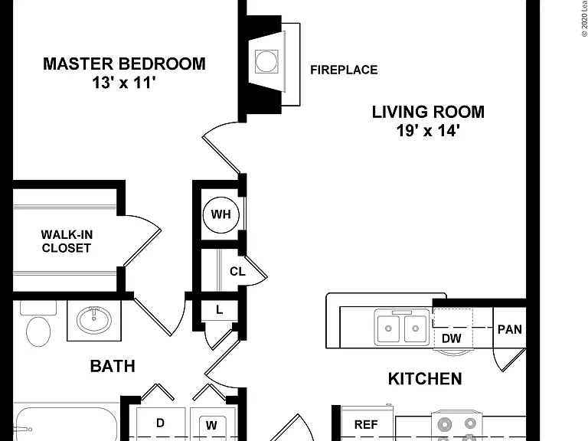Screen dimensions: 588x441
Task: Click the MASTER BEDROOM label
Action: pyautogui.click(x=124, y=64)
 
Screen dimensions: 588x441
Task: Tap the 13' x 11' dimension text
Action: pyautogui.click(x=124, y=83)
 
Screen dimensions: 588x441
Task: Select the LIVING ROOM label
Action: pyautogui.click(x=428, y=112)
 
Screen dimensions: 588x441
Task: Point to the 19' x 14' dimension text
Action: pyautogui.click(x=428, y=130)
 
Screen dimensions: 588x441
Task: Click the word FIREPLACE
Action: pyautogui.click(x=344, y=70)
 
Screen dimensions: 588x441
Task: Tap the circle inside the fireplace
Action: pyautogui.click(x=266, y=61)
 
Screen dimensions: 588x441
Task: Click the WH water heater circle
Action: pyautogui.click(x=220, y=215)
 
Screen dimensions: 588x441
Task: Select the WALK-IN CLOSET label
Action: pyautogui.click(x=67, y=241)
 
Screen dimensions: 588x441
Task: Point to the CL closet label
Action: pyautogui.click(x=237, y=271)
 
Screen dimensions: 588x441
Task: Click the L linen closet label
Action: pyautogui.click(x=220, y=310)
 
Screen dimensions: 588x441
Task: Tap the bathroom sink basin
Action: pyautogui.click(x=93, y=320)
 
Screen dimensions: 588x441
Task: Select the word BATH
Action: pyautogui.click(x=113, y=366)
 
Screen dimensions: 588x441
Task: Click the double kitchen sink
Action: pyautogui.click(x=402, y=328)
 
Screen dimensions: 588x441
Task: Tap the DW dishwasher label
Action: pyautogui.click(x=452, y=338)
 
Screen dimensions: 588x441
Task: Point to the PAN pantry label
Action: pyautogui.click(x=510, y=329)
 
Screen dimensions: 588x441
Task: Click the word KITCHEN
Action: pyautogui.click(x=425, y=379)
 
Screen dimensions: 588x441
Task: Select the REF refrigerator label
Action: pyautogui.click(x=366, y=424)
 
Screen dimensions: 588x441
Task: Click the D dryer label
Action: pyautogui.click(x=160, y=423)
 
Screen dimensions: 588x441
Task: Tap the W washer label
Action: pyautogui.click(x=211, y=425)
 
